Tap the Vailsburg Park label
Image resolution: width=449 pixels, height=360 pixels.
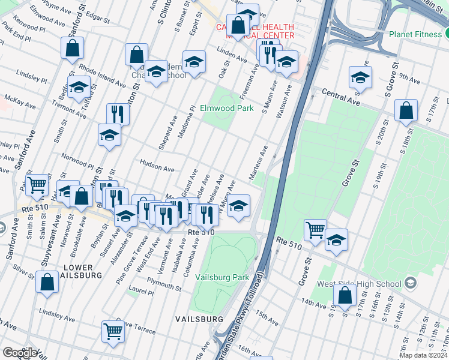click(224, 278)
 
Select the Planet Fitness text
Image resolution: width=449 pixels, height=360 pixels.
click(415, 34)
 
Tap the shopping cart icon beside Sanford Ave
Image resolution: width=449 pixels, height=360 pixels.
click(38, 185)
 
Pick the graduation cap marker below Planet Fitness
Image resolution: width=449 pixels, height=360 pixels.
click(360, 77)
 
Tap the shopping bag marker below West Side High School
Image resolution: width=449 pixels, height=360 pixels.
click(345, 295)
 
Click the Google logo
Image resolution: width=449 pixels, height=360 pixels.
click(20, 353)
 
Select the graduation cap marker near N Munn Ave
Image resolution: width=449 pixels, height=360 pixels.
click(238, 206)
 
